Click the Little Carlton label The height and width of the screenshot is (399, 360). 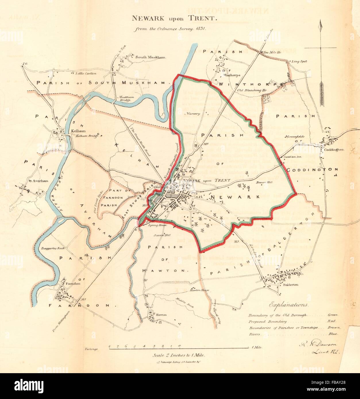pos(86,73)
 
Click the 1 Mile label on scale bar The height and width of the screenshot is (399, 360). pos(257,348)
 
